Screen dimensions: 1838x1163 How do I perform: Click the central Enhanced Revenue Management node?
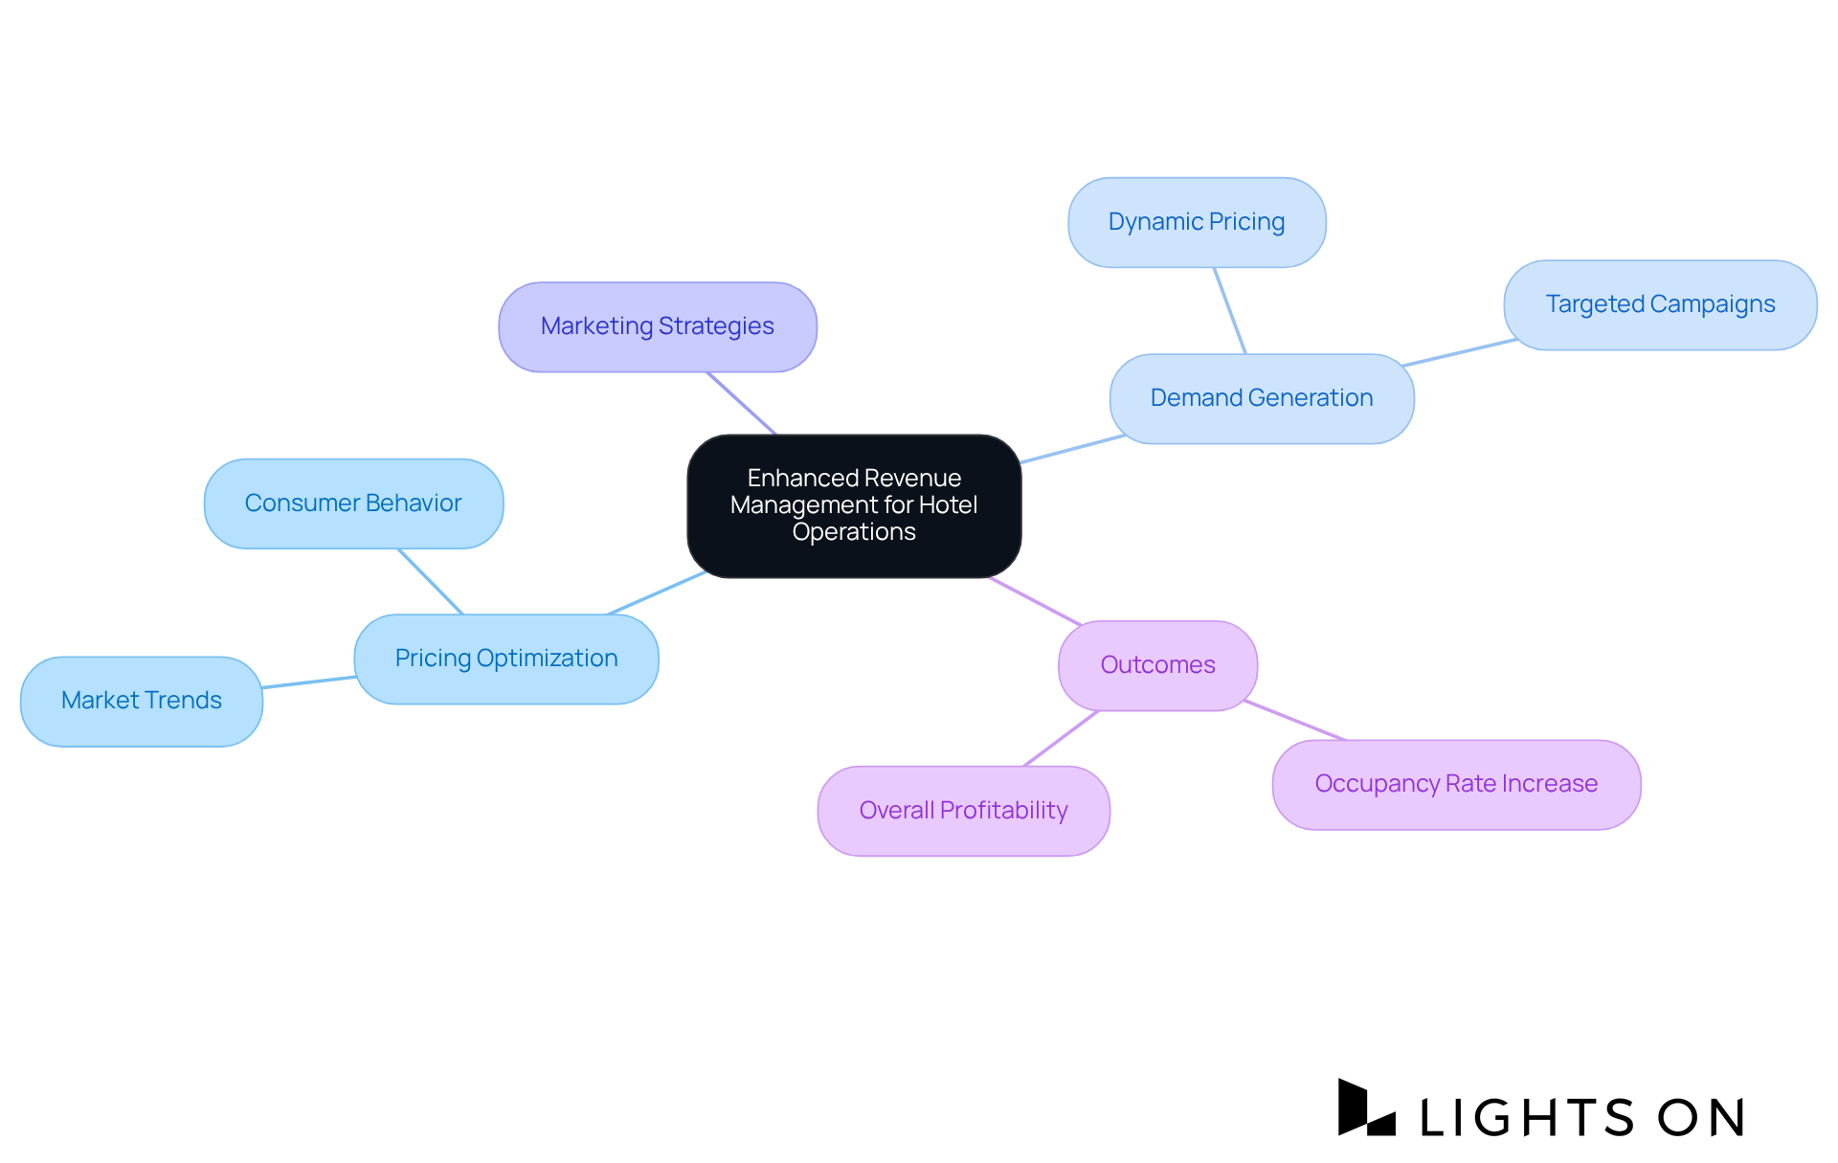coord(854,505)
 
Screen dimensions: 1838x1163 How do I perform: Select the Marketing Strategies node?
coord(658,326)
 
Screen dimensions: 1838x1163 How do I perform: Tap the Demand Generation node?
coord(1261,398)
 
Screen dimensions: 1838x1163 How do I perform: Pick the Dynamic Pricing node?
coord(1197,222)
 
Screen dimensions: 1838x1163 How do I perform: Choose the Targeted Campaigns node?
coord(1660,304)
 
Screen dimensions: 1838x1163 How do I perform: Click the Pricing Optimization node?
coord(506,659)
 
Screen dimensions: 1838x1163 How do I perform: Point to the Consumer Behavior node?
coord(353,503)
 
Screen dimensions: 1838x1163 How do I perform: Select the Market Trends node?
coord(142,701)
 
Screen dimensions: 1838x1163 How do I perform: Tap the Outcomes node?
coord(1157,665)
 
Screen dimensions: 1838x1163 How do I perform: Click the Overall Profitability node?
coord(963,811)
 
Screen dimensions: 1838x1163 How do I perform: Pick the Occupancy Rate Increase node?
coord(1456,784)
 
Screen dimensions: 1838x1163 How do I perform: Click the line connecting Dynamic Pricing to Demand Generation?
coord(1230,311)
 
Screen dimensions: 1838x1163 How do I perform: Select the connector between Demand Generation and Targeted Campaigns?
coord(1460,352)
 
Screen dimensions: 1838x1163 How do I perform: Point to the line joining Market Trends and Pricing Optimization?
coord(308,682)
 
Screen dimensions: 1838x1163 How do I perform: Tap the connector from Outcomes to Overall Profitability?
coord(1061,738)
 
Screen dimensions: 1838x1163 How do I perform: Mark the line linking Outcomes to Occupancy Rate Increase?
coord(1295,721)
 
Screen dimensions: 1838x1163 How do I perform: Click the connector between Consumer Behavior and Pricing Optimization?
coord(431,582)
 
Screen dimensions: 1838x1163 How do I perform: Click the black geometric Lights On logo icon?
coord(1365,1108)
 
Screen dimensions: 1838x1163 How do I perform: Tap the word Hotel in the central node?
coord(948,504)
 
